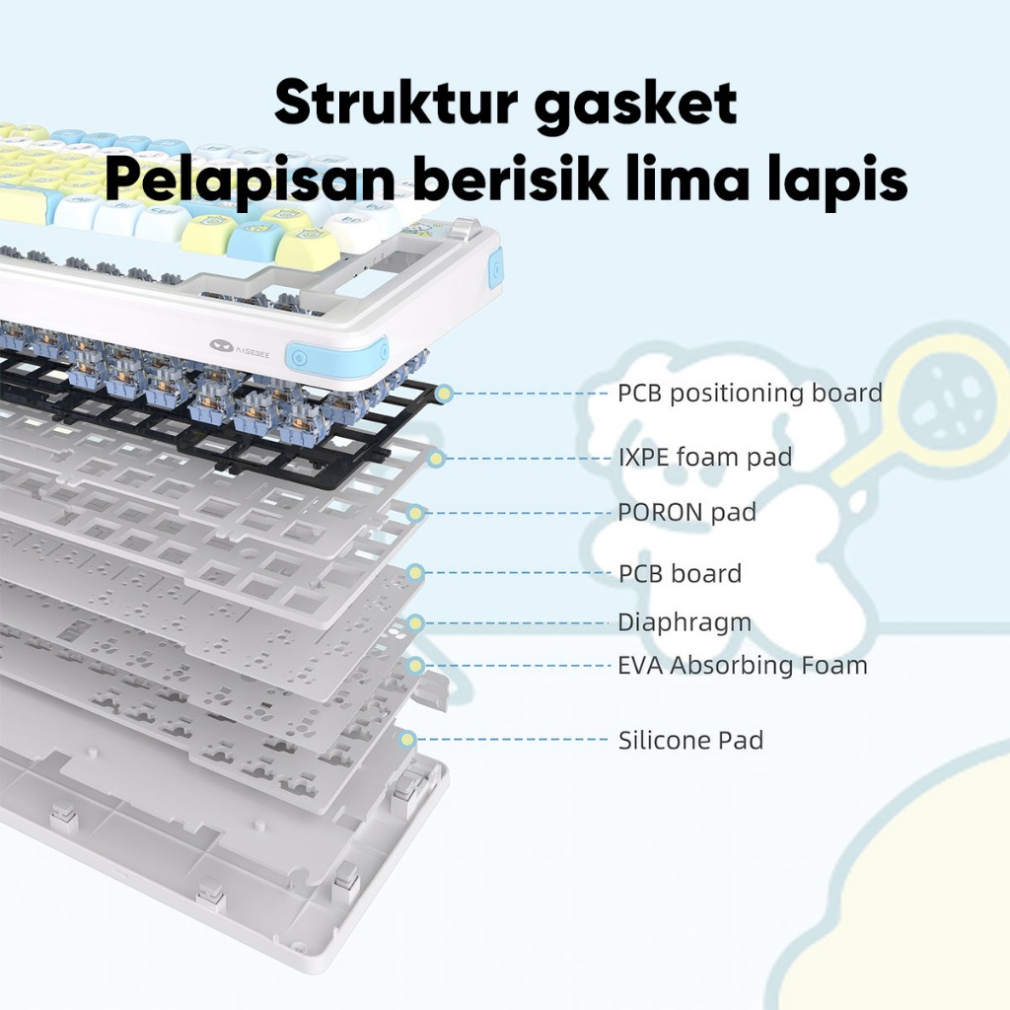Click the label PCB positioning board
click(750, 394)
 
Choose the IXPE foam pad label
click(704, 458)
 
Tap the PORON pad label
click(686, 513)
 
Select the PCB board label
click(680, 573)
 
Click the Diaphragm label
click(685, 623)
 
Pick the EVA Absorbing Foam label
click(743, 666)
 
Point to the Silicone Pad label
click(690, 740)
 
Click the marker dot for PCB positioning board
click(445, 394)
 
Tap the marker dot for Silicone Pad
click(404, 739)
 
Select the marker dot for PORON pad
click(416, 513)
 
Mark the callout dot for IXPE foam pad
click(438, 458)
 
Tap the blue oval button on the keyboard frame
click(302, 355)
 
